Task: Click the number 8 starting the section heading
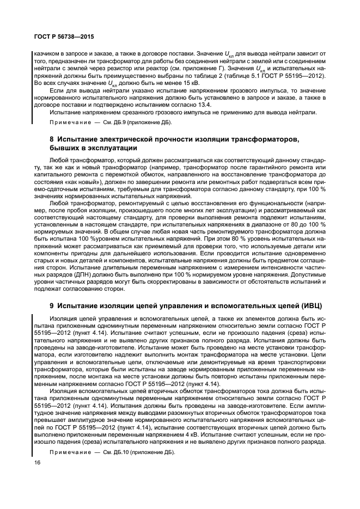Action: pos(52,140)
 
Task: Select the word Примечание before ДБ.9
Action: pos(68,124)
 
